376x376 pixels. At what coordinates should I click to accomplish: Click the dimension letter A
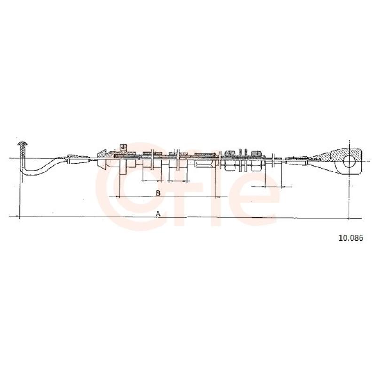(x=158, y=213)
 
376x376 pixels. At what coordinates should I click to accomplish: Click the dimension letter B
(x=158, y=193)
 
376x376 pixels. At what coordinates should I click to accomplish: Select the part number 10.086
(x=351, y=238)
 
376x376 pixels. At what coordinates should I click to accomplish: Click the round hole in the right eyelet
(x=349, y=161)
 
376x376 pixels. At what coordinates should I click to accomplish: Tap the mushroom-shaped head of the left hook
(x=23, y=144)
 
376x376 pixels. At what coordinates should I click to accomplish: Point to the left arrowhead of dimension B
(x=117, y=196)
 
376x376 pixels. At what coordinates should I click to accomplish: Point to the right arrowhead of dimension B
(x=217, y=197)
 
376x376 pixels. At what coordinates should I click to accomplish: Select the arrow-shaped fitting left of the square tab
(x=102, y=159)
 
